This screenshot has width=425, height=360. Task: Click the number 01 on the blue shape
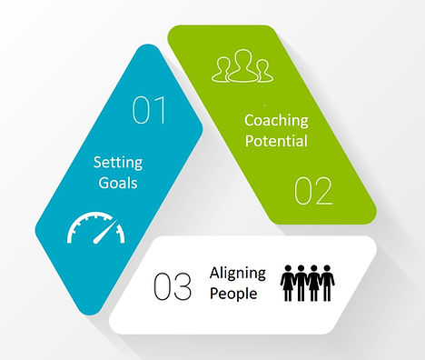pos(149,111)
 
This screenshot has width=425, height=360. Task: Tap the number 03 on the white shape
pos(173,287)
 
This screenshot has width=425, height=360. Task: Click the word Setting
pos(118,163)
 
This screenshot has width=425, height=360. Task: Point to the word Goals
pos(118,182)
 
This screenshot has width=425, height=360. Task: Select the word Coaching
pos(275,121)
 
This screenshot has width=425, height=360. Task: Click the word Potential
pos(275,142)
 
